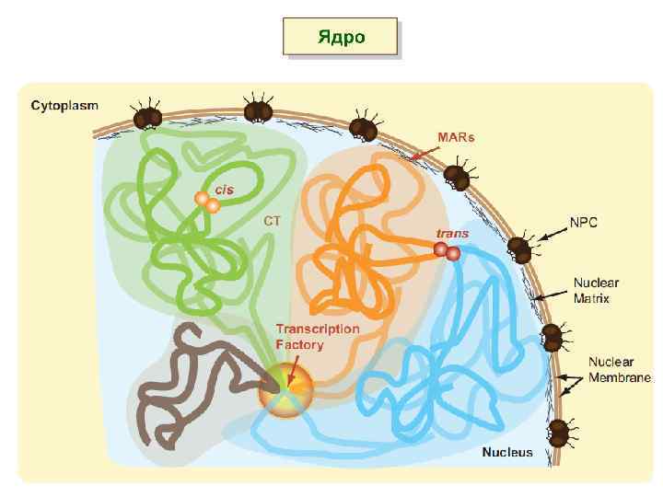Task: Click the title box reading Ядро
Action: tap(341, 38)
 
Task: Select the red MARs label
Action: tap(456, 137)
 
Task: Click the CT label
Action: tap(272, 221)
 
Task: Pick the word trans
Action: tap(453, 234)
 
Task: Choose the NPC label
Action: tap(584, 223)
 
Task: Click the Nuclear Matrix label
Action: tap(598, 290)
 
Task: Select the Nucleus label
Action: tap(507, 452)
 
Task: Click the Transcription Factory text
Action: tap(318, 337)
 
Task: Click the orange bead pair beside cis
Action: tap(207, 202)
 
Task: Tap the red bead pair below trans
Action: tap(447, 251)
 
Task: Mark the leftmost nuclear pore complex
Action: tap(147, 116)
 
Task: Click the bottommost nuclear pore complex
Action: tap(559, 433)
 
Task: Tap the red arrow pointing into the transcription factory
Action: tap(294, 372)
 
